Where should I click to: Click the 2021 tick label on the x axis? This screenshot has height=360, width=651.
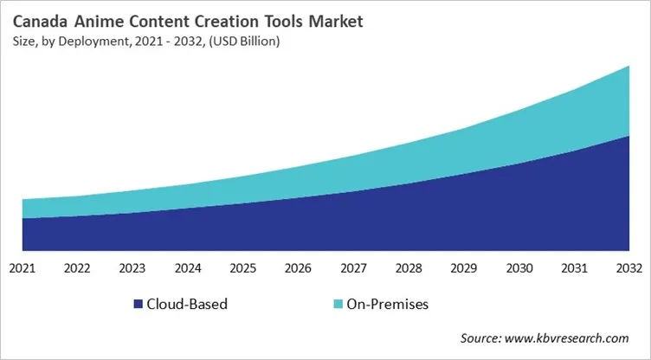click(23, 269)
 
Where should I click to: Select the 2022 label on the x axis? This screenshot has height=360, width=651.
click(78, 269)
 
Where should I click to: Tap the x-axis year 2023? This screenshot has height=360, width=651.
click(132, 269)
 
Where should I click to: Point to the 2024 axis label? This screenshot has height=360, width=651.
click(188, 269)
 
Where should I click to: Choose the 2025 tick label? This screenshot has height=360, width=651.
click(243, 269)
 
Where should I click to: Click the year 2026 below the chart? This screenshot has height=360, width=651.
click(299, 269)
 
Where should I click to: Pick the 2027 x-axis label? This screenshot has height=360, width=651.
click(353, 269)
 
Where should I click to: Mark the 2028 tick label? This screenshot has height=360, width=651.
click(409, 269)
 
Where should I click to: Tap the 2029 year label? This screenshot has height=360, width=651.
click(464, 269)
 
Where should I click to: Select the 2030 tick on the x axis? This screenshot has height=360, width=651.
click(519, 269)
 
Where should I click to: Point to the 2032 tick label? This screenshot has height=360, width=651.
click(628, 269)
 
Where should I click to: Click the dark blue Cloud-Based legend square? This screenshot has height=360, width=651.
click(138, 305)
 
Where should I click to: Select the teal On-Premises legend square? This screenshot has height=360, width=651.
click(336, 305)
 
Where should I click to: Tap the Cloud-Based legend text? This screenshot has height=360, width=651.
click(187, 305)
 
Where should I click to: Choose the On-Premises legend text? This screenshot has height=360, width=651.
click(387, 305)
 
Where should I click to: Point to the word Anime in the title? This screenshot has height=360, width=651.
click(97, 19)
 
